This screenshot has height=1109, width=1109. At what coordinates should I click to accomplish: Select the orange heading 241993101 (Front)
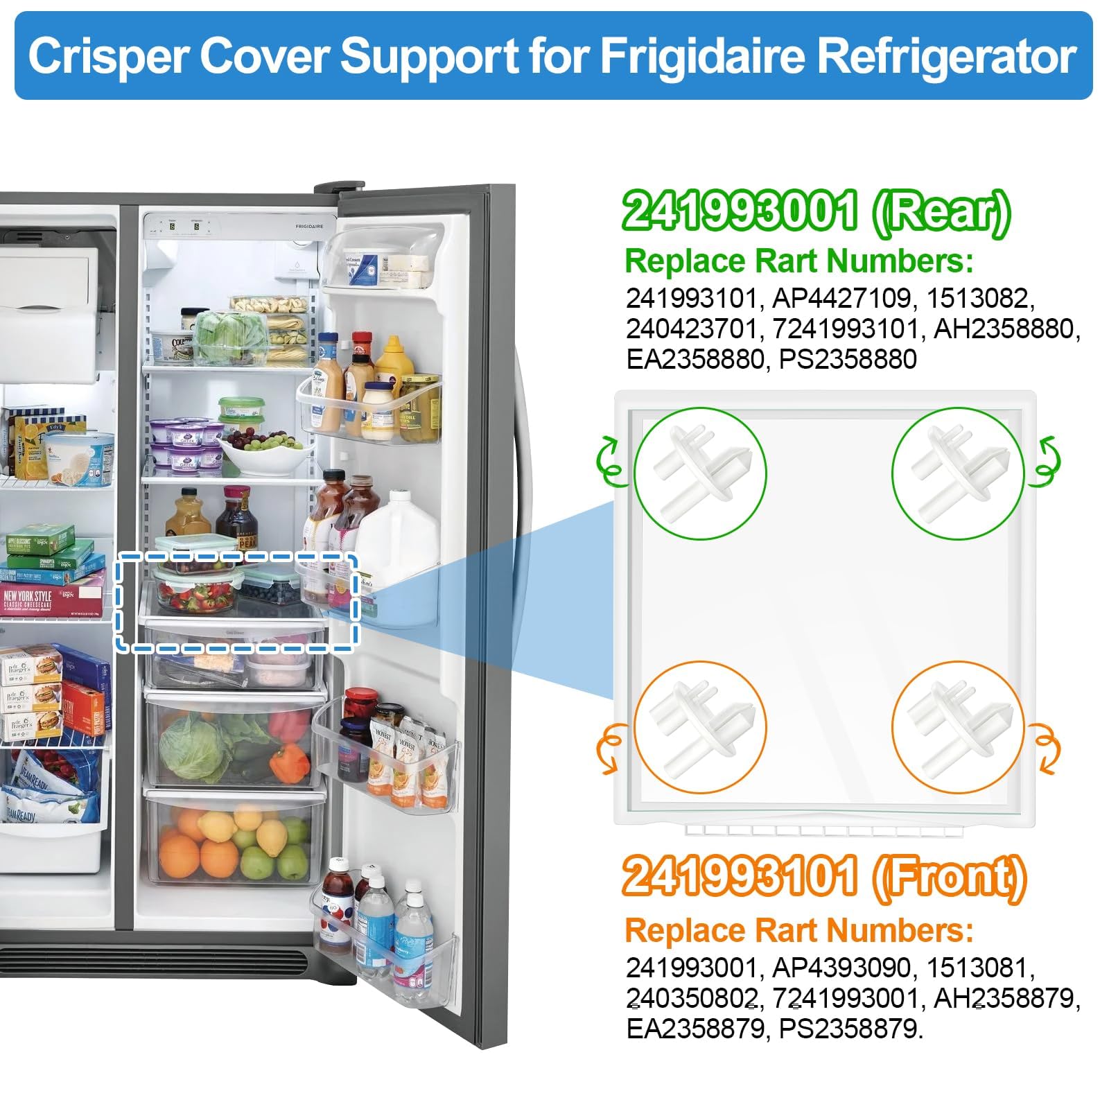point(823,877)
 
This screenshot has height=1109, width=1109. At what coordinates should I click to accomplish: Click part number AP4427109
point(841,298)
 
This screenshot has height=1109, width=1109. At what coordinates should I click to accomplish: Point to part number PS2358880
point(848,359)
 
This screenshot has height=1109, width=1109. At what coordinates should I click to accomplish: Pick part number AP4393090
point(841,968)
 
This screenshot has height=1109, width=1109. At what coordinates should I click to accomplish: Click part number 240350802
point(691,998)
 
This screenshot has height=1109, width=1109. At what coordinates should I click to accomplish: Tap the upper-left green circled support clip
point(700,473)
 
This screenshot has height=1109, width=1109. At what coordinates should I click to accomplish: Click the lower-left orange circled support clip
point(700,727)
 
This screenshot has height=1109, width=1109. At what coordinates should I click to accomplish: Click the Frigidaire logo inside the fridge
point(309,226)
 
